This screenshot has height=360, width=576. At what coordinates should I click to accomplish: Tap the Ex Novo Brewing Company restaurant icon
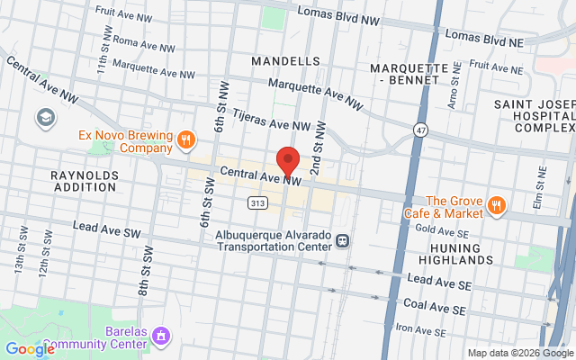185,139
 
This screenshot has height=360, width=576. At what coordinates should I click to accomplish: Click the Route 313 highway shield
258,203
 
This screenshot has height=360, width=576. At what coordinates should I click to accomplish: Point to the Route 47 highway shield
420,130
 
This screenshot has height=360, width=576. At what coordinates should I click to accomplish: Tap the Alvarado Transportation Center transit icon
342,240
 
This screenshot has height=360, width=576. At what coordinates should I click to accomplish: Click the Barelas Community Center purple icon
161,337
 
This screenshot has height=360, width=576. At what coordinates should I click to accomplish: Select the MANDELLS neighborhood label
286,61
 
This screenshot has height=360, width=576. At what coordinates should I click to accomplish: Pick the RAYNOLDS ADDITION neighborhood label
85,179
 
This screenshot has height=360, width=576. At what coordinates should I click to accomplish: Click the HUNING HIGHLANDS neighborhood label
462,253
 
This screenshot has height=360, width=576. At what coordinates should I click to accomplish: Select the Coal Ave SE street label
434,306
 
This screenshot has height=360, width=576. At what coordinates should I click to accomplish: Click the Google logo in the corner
29,349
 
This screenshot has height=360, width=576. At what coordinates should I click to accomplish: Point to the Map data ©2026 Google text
520,353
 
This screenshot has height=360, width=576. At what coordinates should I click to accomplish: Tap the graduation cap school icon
44,117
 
